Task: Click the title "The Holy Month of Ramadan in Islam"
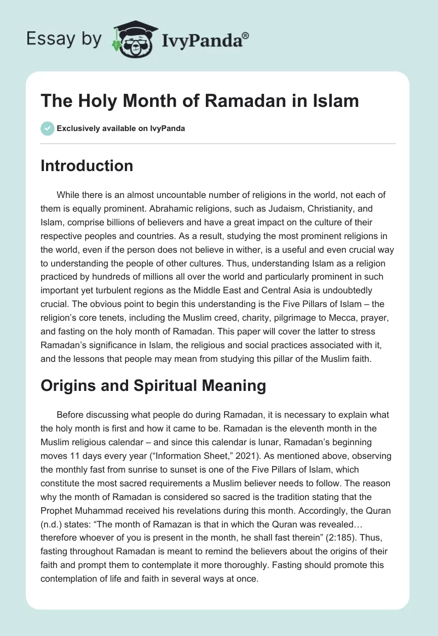tap(200, 101)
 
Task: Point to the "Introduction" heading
tap(87, 166)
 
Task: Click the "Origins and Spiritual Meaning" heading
tap(153, 385)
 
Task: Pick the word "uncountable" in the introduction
tap(185, 195)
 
